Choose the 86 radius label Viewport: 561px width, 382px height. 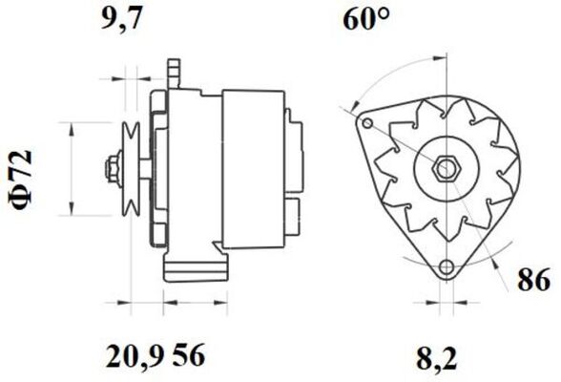[534, 280]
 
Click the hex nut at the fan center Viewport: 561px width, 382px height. [447, 169]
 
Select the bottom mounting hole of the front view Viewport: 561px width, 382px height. [447, 266]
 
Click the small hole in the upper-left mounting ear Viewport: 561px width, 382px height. [367, 124]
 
